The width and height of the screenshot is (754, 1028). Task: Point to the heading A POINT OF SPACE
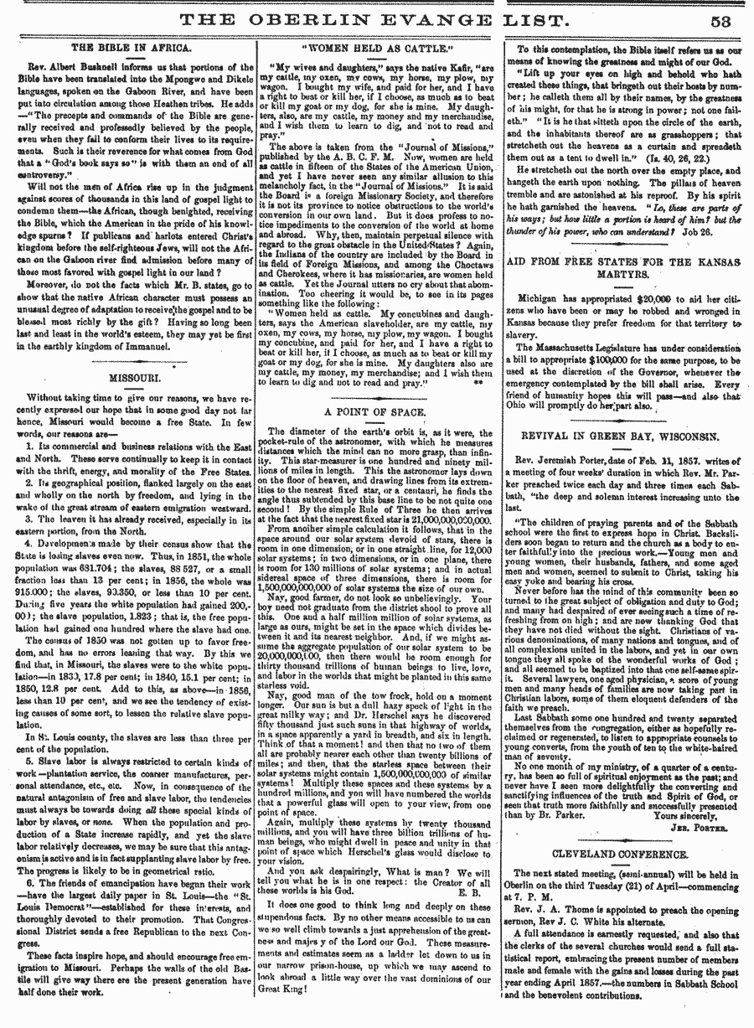(375, 413)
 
